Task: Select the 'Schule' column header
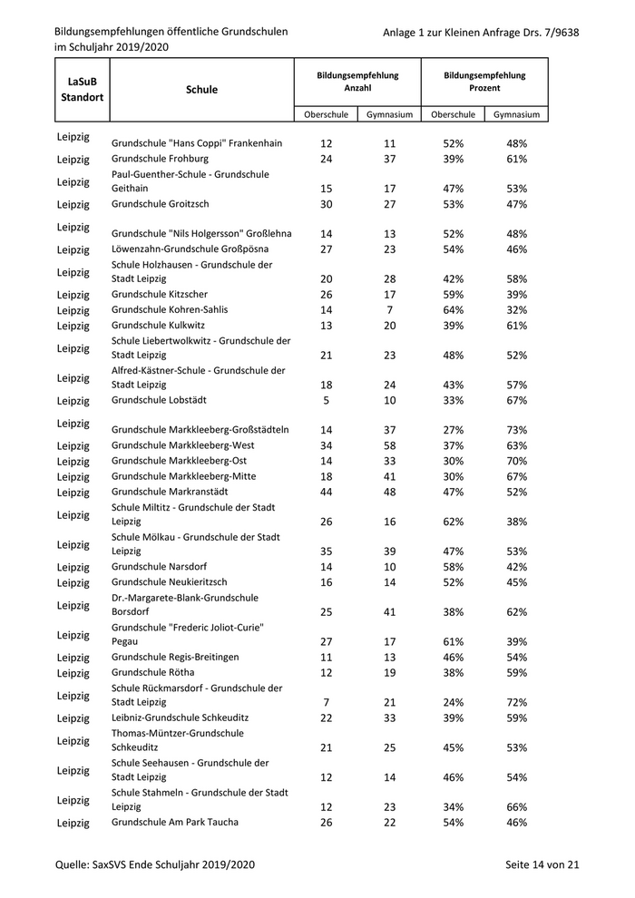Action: tap(201, 90)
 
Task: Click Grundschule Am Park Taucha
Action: tap(175, 822)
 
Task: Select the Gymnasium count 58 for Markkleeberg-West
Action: tap(390, 446)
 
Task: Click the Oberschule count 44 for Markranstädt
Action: tap(327, 493)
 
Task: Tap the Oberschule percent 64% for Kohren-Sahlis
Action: tap(454, 310)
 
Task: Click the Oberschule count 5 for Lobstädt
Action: tap(327, 401)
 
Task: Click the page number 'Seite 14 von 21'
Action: tap(542, 865)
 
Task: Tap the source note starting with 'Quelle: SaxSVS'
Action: tap(154, 865)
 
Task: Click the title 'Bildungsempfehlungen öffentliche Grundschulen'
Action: tap(171, 32)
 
